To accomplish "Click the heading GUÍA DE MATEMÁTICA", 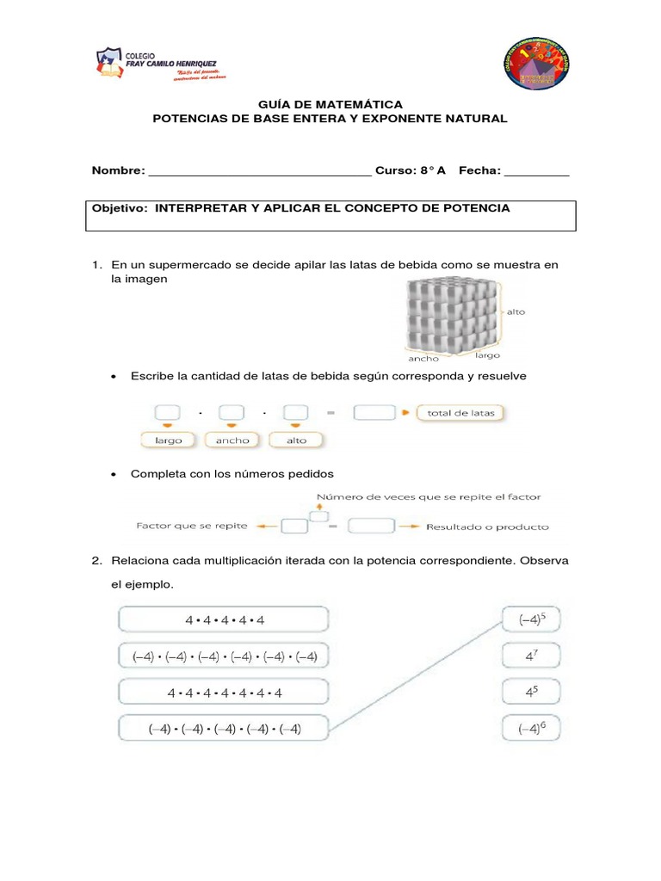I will coord(330,104).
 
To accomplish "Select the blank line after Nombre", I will coord(260,172).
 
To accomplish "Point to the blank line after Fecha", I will coord(536,172).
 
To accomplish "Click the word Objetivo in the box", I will coord(120,209).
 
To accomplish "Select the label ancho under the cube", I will coord(423,358).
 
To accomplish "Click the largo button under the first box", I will coord(168,440).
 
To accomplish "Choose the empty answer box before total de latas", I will coord(374,413).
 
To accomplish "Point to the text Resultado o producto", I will coord(487,527).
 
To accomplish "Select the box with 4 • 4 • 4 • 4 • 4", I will coord(224,619).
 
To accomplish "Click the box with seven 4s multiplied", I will coord(224,693).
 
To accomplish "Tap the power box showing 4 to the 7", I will coord(531,656).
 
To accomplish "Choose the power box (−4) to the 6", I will coord(531,729).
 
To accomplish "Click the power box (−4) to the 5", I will coord(531,619).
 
